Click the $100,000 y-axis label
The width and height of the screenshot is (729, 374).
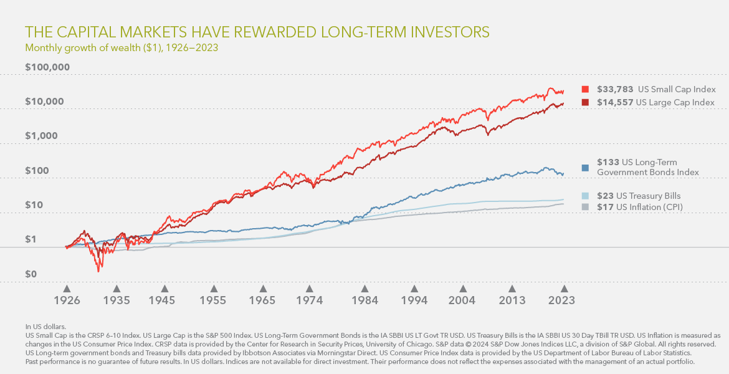(47, 67)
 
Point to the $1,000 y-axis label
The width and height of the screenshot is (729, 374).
(41, 136)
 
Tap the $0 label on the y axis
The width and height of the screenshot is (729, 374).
(31, 274)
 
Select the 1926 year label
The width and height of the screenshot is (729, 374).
(67, 300)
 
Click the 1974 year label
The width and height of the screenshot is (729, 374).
(309, 300)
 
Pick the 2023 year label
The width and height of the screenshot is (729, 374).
(561, 300)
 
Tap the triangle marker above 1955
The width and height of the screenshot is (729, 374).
(214, 289)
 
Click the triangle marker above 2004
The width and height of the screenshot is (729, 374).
(463, 289)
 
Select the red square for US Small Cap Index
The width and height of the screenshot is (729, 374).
(585, 89)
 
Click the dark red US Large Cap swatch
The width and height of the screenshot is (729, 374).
(585, 102)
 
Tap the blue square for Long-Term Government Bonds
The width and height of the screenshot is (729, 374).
(585, 168)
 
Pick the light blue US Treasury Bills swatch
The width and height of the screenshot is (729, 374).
(585, 196)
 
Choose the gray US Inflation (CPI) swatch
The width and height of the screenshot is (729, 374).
(585, 207)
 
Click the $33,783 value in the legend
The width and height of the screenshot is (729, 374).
(615, 89)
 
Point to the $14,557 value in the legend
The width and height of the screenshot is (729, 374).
(615, 102)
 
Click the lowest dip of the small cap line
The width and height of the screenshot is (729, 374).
(98, 271)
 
